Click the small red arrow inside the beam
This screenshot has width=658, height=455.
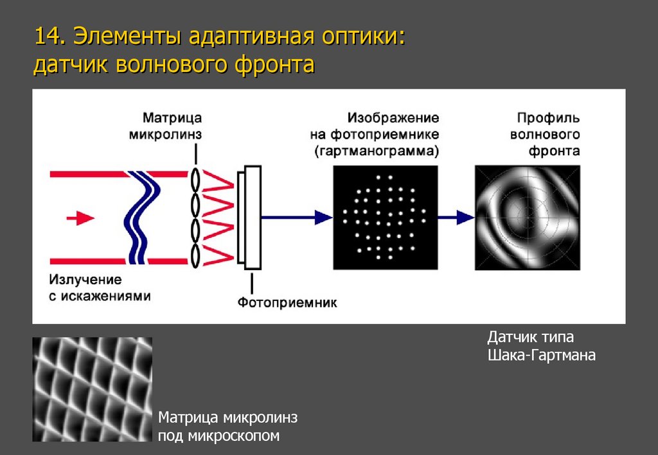pyautogui.click(x=80, y=218)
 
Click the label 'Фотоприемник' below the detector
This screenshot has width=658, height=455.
pyautogui.click(x=287, y=302)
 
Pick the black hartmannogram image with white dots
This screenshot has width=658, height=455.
pyautogui.click(x=385, y=217)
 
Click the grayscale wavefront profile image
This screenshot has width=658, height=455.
pyautogui.click(x=526, y=217)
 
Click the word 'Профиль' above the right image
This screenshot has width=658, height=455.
pyautogui.click(x=548, y=118)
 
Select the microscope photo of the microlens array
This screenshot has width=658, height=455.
pyautogui.click(x=93, y=389)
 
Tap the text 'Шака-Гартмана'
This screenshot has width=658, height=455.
pyautogui.click(x=541, y=355)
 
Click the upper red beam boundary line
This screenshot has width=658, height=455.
pyautogui.click(x=90, y=174)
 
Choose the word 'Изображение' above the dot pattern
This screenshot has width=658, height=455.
pyautogui.click(x=394, y=118)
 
